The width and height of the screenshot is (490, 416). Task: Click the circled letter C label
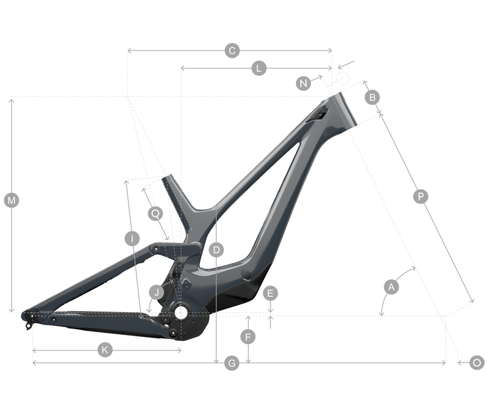click(231, 50)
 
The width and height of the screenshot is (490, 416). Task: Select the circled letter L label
click(259, 68)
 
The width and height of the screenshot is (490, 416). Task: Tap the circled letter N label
click(303, 84)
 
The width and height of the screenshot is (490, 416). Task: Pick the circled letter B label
click(372, 97)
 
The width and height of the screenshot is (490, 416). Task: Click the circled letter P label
click(421, 196)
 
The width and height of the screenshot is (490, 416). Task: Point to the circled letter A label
click(391, 287)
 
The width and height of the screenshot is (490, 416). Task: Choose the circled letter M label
click(11, 200)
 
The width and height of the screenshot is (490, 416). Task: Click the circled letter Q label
click(155, 213)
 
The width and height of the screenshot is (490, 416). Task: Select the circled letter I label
click(132, 238)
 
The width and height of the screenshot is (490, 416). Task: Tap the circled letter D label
click(217, 249)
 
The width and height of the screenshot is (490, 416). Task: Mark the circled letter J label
click(155, 291)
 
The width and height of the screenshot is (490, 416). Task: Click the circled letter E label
click(270, 293)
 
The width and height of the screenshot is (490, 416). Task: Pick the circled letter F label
click(248, 337)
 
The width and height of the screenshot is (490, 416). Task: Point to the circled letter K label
click(105, 350)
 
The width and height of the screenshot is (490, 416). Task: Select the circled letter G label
click(231, 363)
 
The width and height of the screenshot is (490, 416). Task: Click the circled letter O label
click(477, 363)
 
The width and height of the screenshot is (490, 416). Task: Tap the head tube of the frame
click(342, 110)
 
